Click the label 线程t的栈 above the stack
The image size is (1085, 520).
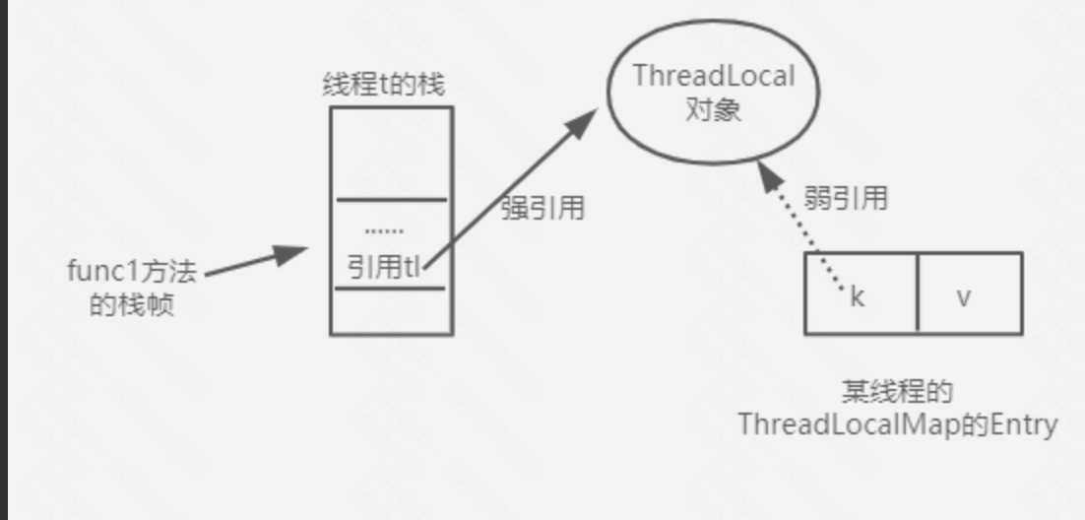(383, 85)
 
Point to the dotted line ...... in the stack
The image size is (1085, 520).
(384, 231)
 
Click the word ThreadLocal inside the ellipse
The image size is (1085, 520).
(714, 77)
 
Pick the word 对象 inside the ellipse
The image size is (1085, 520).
(713, 110)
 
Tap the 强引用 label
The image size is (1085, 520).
(542, 208)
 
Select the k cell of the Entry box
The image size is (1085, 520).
(858, 295)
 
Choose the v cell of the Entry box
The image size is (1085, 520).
(965, 295)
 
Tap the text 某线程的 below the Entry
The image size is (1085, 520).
(897, 391)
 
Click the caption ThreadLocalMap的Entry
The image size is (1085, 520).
(897, 424)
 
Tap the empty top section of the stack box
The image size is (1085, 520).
(391, 153)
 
